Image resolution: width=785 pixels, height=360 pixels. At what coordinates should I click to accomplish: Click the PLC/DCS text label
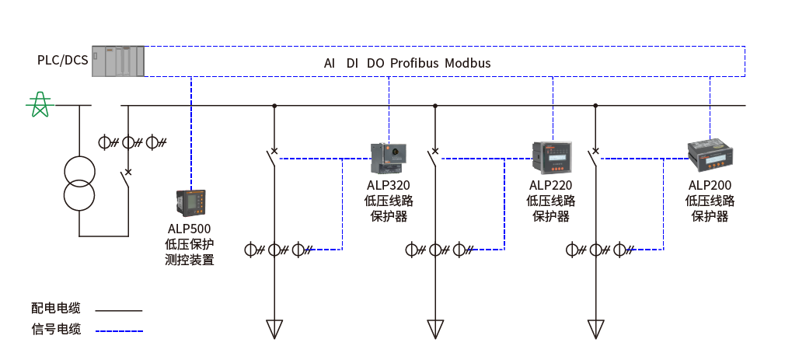(62, 60)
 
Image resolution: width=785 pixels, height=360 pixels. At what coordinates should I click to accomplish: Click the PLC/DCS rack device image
(117, 61)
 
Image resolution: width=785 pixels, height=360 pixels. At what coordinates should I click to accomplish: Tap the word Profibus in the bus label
(414, 63)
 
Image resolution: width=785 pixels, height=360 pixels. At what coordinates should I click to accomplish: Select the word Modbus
(468, 63)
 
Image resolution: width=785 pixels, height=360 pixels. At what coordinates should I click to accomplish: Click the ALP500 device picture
(190, 203)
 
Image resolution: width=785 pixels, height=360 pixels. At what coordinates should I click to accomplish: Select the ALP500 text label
(190, 229)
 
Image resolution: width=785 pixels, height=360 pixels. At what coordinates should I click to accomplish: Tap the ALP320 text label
(389, 185)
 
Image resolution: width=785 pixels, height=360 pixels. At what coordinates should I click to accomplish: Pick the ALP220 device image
(551, 158)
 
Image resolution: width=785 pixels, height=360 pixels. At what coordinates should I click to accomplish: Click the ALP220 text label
(550, 185)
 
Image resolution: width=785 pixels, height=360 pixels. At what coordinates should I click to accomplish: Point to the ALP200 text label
(710, 185)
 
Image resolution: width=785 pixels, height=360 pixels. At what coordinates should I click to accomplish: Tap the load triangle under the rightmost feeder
(596, 329)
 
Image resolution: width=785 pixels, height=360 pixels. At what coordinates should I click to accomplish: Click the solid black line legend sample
(119, 311)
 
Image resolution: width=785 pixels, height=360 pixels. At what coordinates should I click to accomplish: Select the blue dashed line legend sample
(119, 331)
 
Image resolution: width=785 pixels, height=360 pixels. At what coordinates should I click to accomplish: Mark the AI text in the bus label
(330, 63)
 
